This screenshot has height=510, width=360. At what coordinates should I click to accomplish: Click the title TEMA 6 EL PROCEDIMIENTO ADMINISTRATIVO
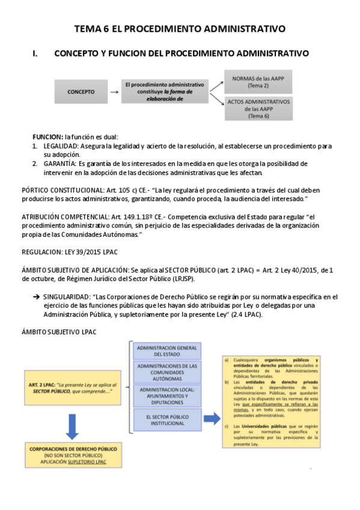[179, 28]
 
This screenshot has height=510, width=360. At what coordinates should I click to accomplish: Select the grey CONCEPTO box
[81, 92]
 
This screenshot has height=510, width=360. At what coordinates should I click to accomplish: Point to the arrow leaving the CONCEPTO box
[113, 92]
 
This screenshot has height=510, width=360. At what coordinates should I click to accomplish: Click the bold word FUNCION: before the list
[47, 137]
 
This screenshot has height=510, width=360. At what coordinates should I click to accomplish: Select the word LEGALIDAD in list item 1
[59, 146]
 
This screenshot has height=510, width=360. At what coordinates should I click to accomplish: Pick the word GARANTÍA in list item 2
[59, 164]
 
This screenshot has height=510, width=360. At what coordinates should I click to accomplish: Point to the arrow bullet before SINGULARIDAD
[36, 297]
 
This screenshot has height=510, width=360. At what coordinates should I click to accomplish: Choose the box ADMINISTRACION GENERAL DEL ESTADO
[168, 351]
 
